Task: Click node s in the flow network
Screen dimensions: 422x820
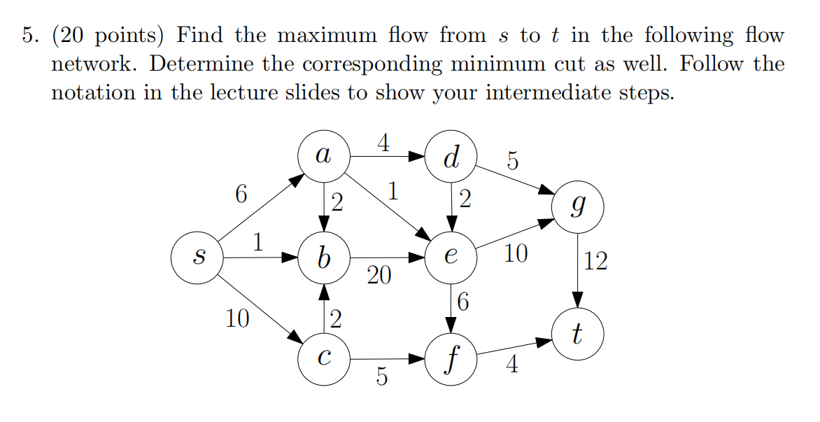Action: (198, 258)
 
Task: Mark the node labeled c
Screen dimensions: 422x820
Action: (323, 359)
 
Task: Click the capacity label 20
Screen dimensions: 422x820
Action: (379, 276)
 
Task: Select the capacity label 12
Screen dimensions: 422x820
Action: (596, 262)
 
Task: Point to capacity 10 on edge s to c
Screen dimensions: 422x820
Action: (237, 320)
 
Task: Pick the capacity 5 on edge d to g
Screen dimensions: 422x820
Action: (513, 162)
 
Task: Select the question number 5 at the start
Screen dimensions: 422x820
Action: (26, 36)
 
